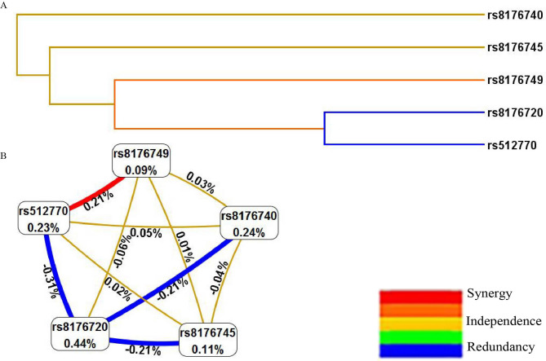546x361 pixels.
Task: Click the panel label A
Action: (4, 5)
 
